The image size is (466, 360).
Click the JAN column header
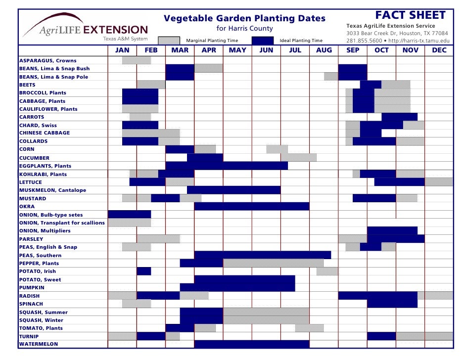[x=122, y=50]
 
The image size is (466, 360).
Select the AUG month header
[x=324, y=50]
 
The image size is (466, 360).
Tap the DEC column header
[x=439, y=50]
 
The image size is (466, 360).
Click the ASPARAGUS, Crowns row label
[x=48, y=60]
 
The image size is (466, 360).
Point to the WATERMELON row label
[x=39, y=344]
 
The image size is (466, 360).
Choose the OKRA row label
[x=27, y=206]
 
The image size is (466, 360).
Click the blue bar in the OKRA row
[x=252, y=206]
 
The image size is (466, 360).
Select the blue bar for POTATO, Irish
[x=144, y=271]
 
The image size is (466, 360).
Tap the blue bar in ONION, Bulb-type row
[x=129, y=215]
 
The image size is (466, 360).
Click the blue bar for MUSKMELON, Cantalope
[x=233, y=190]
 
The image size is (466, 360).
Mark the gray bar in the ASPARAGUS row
[x=137, y=60]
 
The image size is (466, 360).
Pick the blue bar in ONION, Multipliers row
[x=392, y=230]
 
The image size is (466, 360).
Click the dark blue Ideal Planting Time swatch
[x=263, y=41]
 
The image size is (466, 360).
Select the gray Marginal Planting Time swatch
[x=169, y=41]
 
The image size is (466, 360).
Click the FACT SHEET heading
[x=411, y=15]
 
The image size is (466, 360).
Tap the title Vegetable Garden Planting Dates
[x=244, y=19]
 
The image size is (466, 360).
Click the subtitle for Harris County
[x=245, y=29]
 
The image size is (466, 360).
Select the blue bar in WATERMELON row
[x=252, y=344]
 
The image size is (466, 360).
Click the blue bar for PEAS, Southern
[x=263, y=255]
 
